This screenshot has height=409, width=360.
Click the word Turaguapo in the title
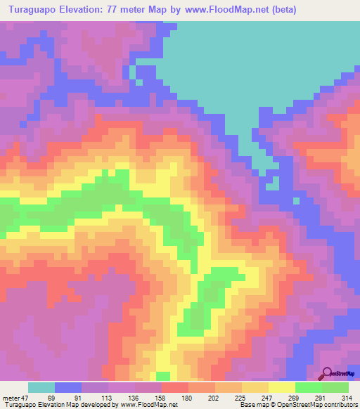(x=37, y=10)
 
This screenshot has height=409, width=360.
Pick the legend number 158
(x=161, y=397)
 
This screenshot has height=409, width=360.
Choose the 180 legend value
(x=188, y=397)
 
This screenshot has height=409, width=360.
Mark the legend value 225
(x=241, y=397)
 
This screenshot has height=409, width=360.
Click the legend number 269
(x=295, y=397)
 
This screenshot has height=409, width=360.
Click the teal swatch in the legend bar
(x=41, y=387)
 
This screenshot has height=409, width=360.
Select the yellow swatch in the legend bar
(x=281, y=387)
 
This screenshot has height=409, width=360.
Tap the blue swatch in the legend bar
(x=67, y=387)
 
